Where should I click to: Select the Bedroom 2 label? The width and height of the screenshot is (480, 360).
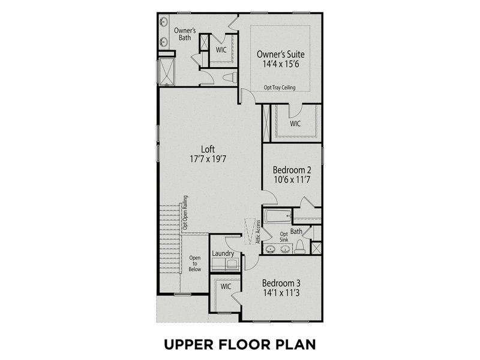point(292,170)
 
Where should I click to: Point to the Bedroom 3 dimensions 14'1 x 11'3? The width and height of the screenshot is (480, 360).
point(281,294)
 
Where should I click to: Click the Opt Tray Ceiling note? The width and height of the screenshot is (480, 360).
point(280,88)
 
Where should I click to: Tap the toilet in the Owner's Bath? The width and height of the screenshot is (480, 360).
point(229,77)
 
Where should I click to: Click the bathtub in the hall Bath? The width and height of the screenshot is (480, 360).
point(277,215)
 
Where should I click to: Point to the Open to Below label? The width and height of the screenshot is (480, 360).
point(195,264)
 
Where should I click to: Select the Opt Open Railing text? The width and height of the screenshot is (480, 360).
point(185,212)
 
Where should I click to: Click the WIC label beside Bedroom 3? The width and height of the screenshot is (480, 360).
point(226,287)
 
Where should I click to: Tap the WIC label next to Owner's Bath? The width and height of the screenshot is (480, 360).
point(221,50)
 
